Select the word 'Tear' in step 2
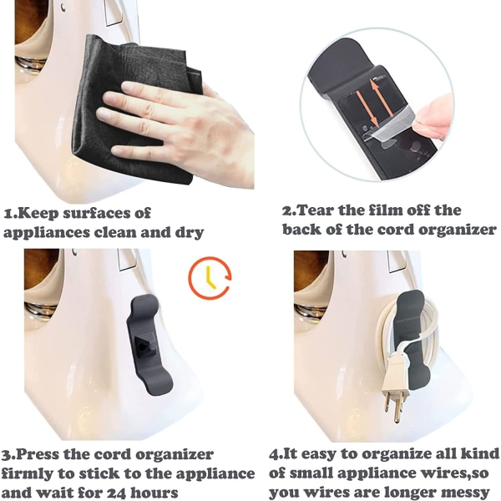(x=316, y=210)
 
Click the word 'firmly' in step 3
(x=28, y=473)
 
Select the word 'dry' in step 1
(x=190, y=233)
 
